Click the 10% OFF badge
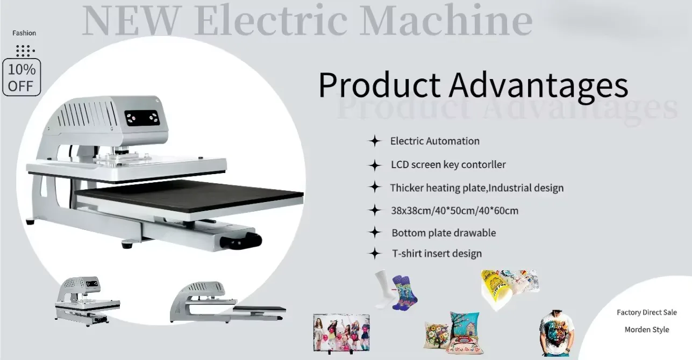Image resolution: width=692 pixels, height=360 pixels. pyautogui.click(x=22, y=77)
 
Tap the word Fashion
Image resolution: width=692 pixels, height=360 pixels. pyautogui.click(x=24, y=33)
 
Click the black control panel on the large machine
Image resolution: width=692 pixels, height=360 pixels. pyautogui.click(x=142, y=118)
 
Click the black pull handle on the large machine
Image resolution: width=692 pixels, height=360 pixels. pyautogui.click(x=241, y=241)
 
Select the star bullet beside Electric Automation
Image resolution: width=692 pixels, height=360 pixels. pyautogui.click(x=375, y=141)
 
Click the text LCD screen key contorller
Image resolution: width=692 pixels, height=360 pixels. pyautogui.click(x=448, y=164)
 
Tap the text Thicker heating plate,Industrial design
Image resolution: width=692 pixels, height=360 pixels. pyautogui.click(x=477, y=188)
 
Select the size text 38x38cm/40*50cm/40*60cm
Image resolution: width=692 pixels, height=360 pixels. pyautogui.click(x=455, y=211)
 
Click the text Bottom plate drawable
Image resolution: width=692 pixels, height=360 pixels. pyautogui.click(x=444, y=233)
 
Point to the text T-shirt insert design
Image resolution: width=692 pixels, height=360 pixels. pyautogui.click(x=437, y=254)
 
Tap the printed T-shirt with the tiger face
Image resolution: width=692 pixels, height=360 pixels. pyautogui.click(x=556, y=333)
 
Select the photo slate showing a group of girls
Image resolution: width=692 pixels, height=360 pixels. pyautogui.click(x=341, y=333)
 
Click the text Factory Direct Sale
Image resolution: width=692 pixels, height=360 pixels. pyautogui.click(x=647, y=313)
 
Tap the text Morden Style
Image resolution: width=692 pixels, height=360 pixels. pyautogui.click(x=647, y=330)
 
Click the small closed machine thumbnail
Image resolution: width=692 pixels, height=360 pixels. pyautogui.click(x=87, y=301)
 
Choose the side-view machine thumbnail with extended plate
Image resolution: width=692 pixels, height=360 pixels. pyautogui.click(x=227, y=302)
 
